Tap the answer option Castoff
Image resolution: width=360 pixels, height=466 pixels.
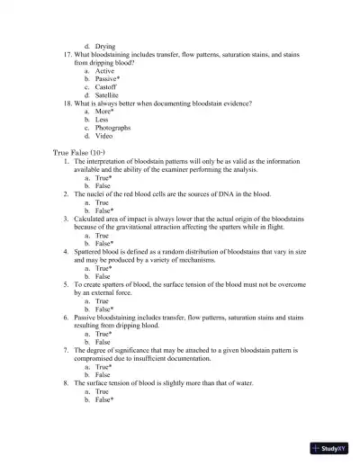[105, 87]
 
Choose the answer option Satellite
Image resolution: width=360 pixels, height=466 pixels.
[106, 95]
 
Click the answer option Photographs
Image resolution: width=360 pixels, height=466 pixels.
[112, 128]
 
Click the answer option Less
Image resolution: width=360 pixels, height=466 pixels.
[103, 120]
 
